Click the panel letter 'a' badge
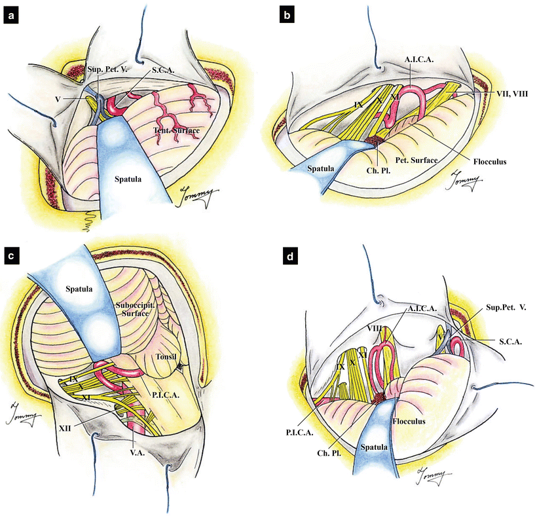(11, 19)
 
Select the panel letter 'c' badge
(11, 256)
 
